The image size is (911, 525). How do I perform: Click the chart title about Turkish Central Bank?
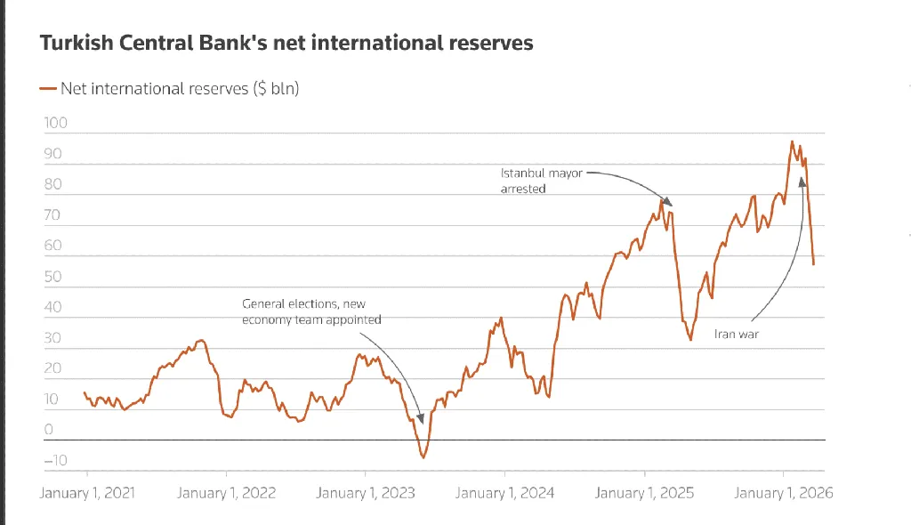pyautogui.click(x=286, y=43)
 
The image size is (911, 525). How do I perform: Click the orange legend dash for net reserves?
pyautogui.click(x=48, y=88)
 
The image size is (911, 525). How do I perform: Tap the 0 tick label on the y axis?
pyautogui.click(x=49, y=429)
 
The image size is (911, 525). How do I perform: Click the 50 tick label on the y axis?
pyautogui.click(x=52, y=276)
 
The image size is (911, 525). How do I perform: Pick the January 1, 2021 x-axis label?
pyautogui.click(x=87, y=492)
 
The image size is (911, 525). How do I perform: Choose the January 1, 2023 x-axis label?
pyautogui.click(x=366, y=492)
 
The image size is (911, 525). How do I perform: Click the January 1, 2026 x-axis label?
pyautogui.click(x=784, y=492)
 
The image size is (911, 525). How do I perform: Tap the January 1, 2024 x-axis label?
pyautogui.click(x=505, y=492)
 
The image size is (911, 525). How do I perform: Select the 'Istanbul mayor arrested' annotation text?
pyautogui.click(x=541, y=181)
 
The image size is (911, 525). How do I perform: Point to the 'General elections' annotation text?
pyautogui.click(x=311, y=311)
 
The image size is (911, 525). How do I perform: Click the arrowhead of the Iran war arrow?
pyautogui.click(x=802, y=181)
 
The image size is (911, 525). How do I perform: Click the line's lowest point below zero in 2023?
pyautogui.click(x=423, y=457)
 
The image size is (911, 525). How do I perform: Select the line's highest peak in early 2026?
pyautogui.click(x=792, y=141)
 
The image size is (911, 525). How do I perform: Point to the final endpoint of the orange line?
pyautogui.click(x=813, y=264)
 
